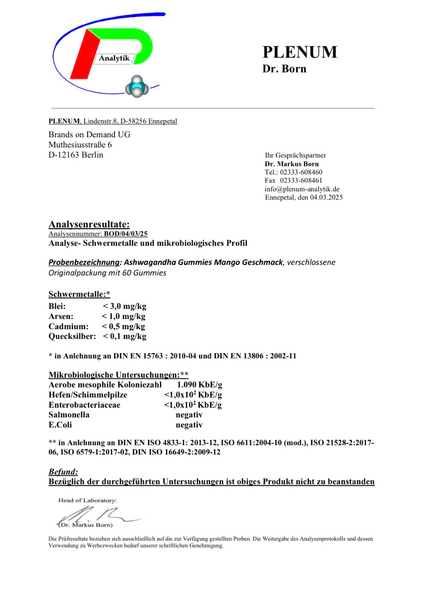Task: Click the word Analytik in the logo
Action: (x=114, y=58)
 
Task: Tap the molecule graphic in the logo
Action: (x=137, y=87)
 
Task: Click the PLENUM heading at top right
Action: (x=300, y=52)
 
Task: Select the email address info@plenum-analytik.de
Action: (x=302, y=189)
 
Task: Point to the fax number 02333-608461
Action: (x=301, y=180)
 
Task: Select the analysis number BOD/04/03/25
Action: (x=126, y=234)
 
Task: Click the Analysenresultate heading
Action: (x=89, y=224)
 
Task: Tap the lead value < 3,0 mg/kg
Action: (x=124, y=306)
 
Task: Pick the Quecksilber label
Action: (x=72, y=336)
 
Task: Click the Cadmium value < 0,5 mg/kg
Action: (x=123, y=326)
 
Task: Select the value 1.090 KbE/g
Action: (x=199, y=385)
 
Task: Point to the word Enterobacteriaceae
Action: (x=84, y=405)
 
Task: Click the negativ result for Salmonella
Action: (x=189, y=415)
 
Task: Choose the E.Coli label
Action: (x=60, y=425)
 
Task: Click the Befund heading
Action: (x=63, y=472)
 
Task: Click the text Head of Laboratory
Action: (x=88, y=500)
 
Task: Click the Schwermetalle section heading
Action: (x=79, y=294)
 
